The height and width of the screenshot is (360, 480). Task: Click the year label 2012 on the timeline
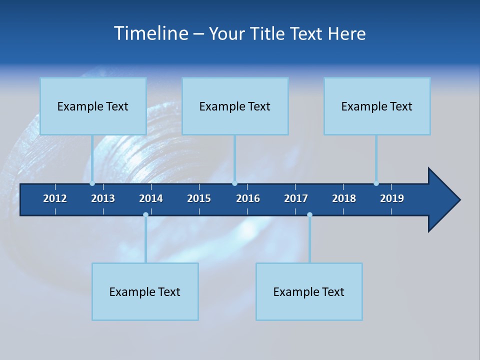(x=55, y=198)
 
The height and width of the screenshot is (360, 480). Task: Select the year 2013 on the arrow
(x=103, y=198)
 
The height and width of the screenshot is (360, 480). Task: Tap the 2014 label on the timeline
(x=151, y=198)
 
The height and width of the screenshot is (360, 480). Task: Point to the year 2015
(x=199, y=198)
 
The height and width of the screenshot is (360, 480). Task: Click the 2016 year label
(x=248, y=198)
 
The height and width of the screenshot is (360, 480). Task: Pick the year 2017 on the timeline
(x=296, y=198)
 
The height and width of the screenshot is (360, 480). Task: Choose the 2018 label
(x=344, y=198)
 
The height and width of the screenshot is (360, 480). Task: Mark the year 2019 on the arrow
(x=392, y=198)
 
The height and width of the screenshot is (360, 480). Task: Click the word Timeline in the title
(x=150, y=33)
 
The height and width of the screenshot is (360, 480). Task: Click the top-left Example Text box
(x=93, y=106)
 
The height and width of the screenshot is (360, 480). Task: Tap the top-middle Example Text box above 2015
(x=235, y=106)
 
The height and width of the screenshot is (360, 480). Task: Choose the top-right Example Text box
(x=377, y=106)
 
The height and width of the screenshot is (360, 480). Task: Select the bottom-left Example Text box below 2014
(x=145, y=291)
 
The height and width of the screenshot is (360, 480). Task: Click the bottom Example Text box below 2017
(x=309, y=291)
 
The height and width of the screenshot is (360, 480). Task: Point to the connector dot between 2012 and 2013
(x=92, y=183)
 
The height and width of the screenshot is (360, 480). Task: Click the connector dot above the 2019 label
(x=376, y=183)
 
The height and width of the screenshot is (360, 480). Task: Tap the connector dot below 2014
(x=145, y=214)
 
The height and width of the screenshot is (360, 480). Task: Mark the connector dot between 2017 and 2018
(x=309, y=214)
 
